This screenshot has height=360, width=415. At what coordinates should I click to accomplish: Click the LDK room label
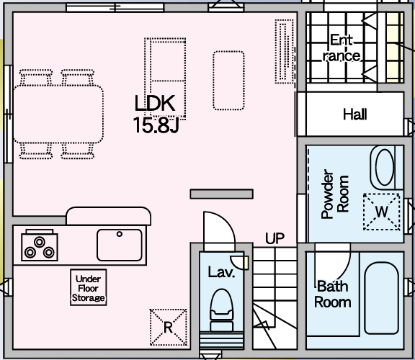click(155, 103)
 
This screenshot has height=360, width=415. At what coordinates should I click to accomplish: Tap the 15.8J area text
click(156, 125)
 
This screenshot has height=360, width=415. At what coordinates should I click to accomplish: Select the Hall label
click(355, 114)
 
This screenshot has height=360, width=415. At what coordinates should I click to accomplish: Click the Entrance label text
click(342, 48)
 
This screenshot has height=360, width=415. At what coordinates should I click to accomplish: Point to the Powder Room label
click(335, 194)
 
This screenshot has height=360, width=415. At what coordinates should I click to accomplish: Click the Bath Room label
click(333, 294)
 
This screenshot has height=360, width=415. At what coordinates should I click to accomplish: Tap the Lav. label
click(221, 272)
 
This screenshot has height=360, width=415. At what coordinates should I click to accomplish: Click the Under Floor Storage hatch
click(89, 287)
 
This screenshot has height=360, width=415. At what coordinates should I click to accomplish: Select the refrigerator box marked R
click(169, 328)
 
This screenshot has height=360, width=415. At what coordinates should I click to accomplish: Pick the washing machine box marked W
click(381, 212)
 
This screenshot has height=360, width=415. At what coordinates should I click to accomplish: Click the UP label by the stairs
click(275, 238)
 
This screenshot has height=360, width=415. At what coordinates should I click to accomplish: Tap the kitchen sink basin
click(120, 245)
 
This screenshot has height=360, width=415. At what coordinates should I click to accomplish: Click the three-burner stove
click(40, 247)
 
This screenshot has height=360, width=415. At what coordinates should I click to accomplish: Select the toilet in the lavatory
click(221, 310)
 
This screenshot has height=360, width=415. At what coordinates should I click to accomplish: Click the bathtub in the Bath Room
click(381, 298)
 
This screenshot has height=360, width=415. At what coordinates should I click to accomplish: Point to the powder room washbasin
click(385, 167)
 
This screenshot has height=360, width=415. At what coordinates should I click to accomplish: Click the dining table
click(58, 114)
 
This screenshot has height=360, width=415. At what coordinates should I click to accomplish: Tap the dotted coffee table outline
click(228, 81)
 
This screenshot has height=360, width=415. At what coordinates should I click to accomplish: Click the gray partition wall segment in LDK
click(222, 194)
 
